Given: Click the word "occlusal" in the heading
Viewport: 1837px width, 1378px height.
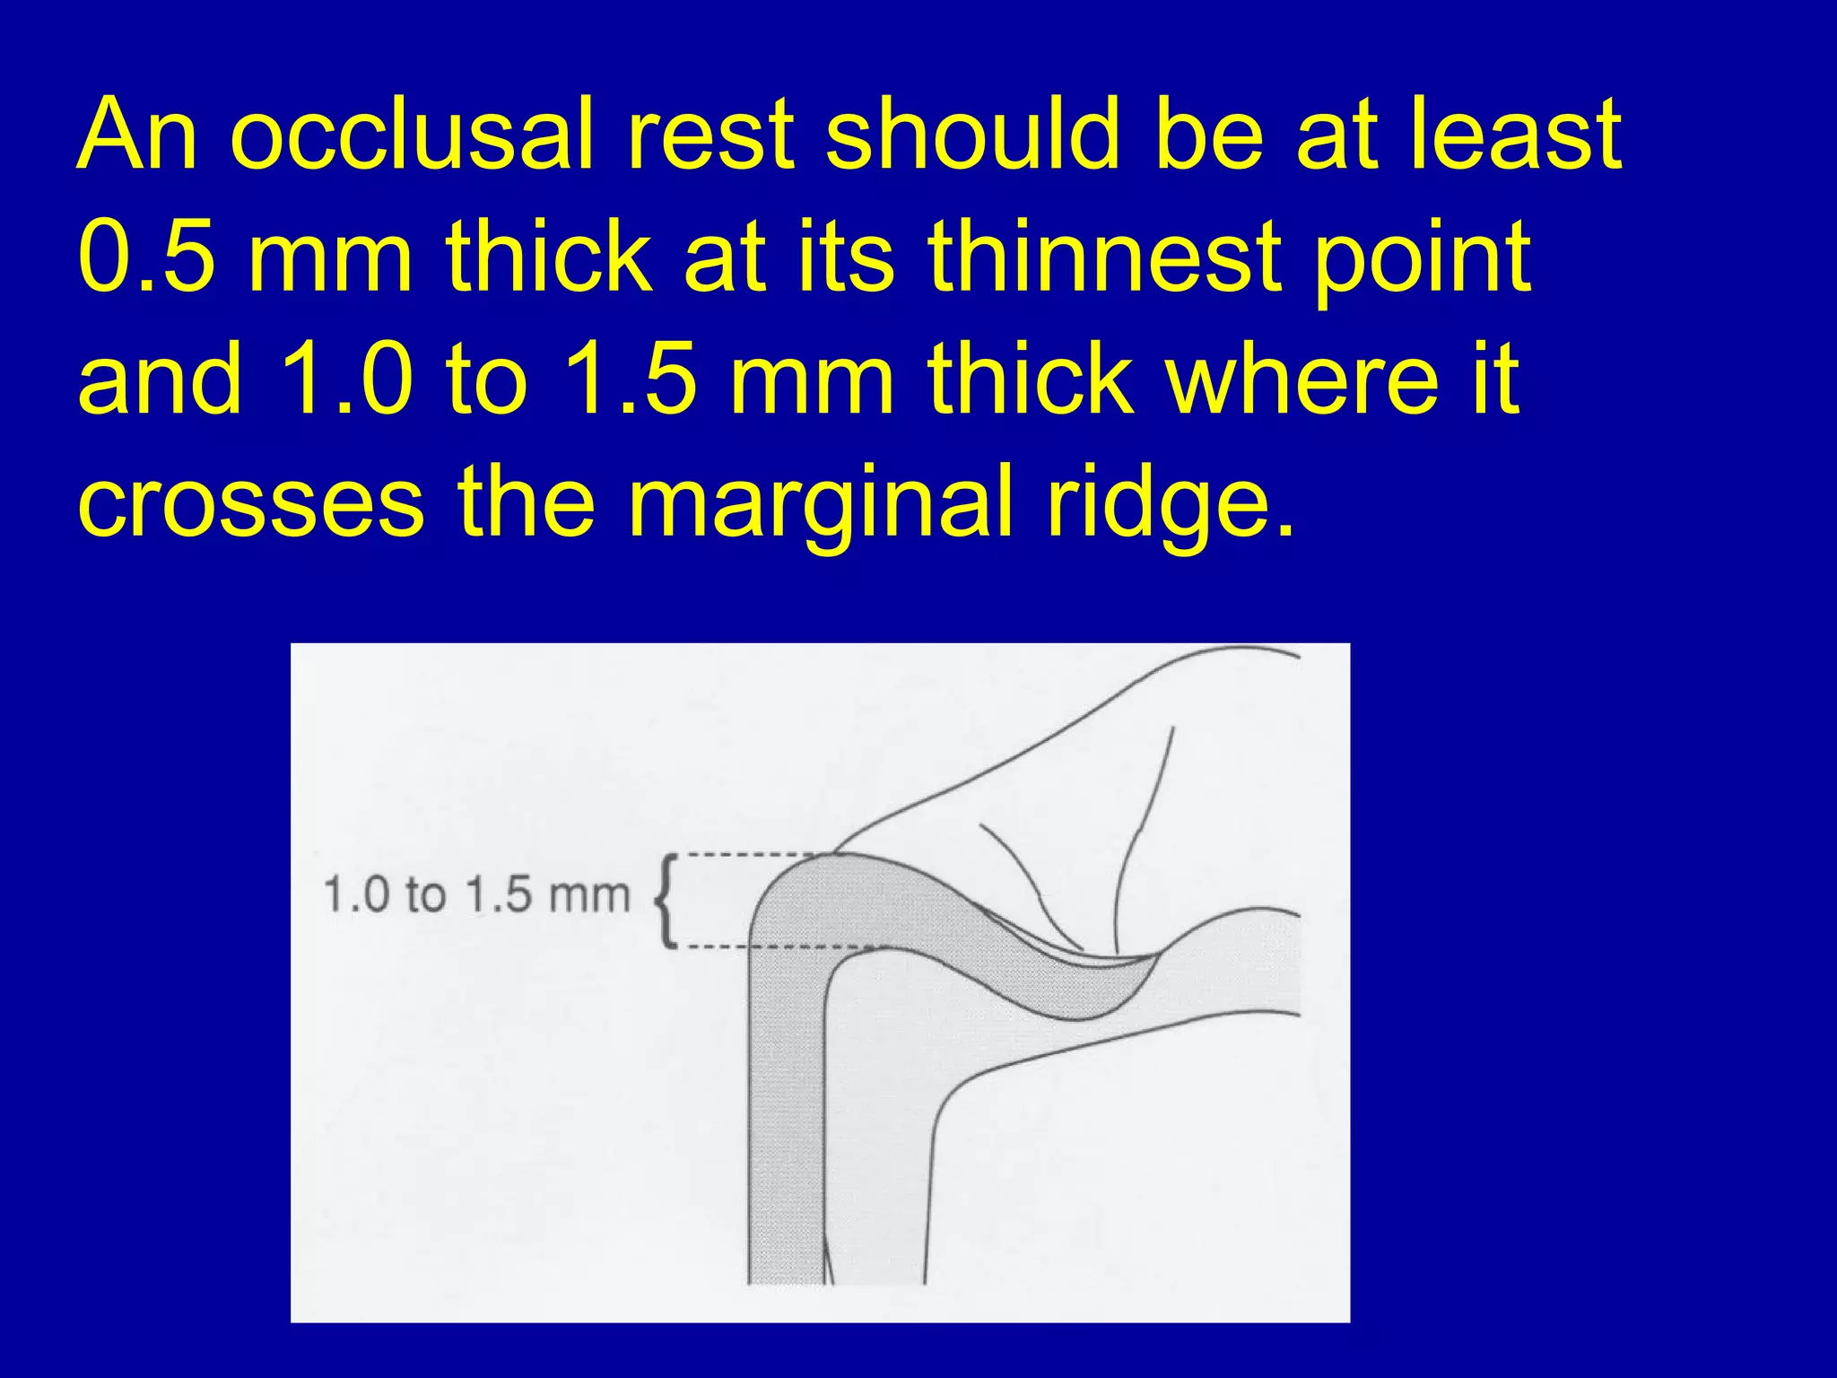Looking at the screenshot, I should coord(412,135).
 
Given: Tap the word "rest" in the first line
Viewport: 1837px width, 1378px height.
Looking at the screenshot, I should coord(710,135).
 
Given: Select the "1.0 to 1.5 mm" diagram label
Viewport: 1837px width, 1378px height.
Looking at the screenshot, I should coord(475,896).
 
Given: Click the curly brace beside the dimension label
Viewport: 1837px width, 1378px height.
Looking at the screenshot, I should coord(666,900).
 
